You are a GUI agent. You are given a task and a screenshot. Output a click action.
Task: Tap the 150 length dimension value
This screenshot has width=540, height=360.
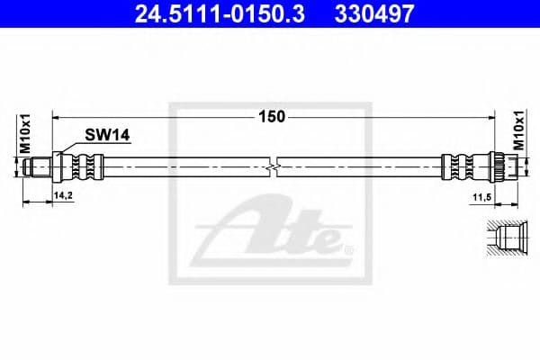pos(272,115)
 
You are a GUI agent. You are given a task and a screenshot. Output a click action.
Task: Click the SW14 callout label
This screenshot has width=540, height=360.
pos(108,135)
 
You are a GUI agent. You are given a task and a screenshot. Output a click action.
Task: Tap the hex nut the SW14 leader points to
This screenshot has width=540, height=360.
pos(59,167)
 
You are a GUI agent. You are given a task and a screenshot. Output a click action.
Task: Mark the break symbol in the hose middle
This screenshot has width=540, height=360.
pos(274,167)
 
